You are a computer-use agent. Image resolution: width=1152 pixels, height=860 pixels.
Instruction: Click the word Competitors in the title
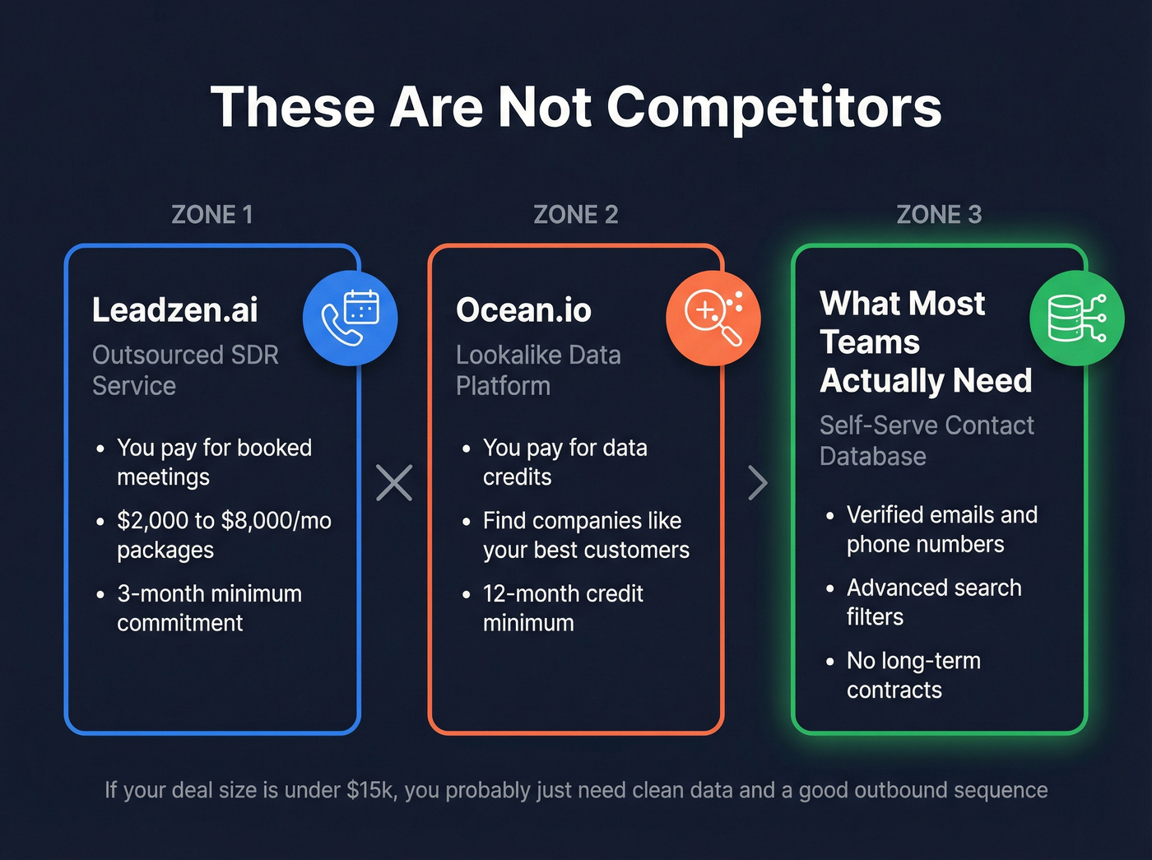click(773, 109)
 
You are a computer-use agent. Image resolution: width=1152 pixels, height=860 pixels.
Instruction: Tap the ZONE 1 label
click(211, 215)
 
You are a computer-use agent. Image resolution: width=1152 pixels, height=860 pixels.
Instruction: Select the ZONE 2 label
click(575, 215)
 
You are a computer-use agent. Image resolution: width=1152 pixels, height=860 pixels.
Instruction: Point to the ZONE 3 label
click(938, 215)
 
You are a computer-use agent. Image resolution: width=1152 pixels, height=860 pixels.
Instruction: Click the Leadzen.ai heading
click(174, 310)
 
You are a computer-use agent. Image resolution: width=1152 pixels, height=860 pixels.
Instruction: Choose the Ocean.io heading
click(523, 310)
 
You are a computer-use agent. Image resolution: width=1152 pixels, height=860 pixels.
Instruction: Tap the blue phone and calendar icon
click(350, 318)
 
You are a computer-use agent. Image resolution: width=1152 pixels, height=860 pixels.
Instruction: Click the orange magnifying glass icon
click(713, 318)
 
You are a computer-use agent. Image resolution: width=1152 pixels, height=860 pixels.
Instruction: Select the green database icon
click(1076, 318)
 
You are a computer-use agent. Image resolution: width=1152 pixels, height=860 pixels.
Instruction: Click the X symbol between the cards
click(394, 483)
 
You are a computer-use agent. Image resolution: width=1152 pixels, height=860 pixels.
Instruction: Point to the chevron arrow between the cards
click(758, 483)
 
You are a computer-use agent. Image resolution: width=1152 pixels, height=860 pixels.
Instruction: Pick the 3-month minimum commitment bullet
click(209, 608)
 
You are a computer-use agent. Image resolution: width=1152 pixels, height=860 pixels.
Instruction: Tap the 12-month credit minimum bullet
click(563, 608)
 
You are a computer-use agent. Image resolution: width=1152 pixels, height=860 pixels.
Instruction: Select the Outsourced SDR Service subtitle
click(185, 370)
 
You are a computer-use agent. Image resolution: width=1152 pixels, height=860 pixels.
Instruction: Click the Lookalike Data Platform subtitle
click(538, 370)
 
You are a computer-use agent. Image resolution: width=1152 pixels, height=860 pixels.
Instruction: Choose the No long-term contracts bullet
click(913, 676)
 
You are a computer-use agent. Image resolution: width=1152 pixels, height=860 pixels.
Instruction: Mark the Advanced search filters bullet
click(934, 602)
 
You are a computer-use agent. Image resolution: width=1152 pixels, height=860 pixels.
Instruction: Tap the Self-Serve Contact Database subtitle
click(927, 440)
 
